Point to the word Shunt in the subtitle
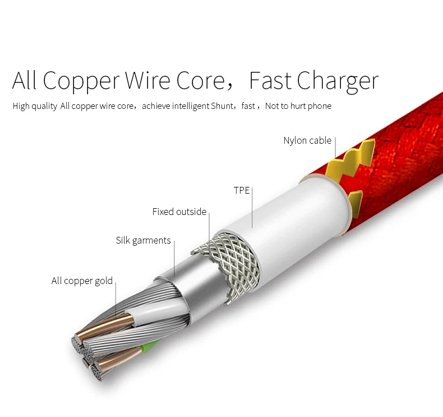223,106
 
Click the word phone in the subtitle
320,106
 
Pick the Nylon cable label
307,140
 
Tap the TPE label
242,191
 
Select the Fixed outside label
179,212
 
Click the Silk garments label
143,241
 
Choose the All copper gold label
82,281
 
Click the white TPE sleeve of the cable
285,226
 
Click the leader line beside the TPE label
252,208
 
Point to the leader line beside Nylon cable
335,148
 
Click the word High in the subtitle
21,106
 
